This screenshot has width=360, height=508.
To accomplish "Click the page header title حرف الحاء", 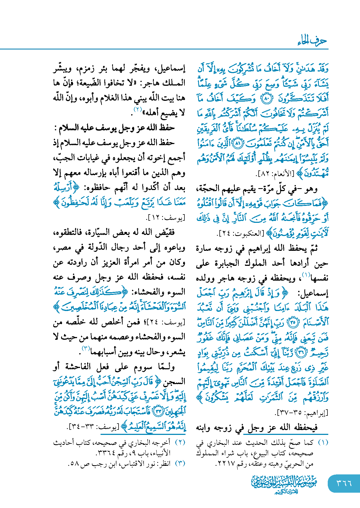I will click(x=312, y=41).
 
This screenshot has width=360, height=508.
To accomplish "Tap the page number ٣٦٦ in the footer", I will click(x=344, y=483).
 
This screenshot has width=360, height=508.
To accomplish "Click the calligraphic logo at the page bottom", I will click(x=284, y=484).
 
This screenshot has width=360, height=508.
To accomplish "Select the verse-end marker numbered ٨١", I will click(x=237, y=144).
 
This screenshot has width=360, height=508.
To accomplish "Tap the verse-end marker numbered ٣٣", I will click(x=158, y=411).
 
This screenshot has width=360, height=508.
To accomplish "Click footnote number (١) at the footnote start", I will click(x=323, y=443).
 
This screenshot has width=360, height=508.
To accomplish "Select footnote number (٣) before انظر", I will click(x=180, y=463).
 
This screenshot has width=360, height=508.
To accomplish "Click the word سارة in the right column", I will click(x=204, y=248).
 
